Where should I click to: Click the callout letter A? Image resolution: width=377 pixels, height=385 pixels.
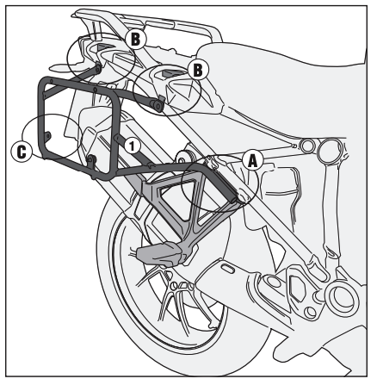tap(252, 161)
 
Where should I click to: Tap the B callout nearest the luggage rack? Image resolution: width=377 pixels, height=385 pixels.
tap(135, 39)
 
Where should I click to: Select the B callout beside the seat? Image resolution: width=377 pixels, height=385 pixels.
tap(198, 70)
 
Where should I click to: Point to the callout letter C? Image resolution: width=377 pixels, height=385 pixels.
tap(22, 152)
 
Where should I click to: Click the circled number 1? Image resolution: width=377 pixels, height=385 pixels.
tap(132, 146)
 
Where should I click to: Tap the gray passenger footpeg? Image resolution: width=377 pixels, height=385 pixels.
tap(160, 252)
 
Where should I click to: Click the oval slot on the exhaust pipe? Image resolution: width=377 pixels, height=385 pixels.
tap(228, 270)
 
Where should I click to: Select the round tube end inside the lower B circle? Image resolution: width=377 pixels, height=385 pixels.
tap(158, 105)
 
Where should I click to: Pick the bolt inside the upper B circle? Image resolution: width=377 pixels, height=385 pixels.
tap(98, 68)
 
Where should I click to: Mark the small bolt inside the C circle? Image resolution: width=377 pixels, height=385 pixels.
tap(48, 134)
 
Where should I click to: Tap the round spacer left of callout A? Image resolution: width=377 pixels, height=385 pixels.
tap(182, 158)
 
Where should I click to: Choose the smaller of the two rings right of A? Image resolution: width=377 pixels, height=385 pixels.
tap(307, 146)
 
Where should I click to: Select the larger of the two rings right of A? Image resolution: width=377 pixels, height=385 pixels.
tap(331, 149)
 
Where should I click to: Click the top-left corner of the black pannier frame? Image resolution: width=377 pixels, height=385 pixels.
tap(42, 80)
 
